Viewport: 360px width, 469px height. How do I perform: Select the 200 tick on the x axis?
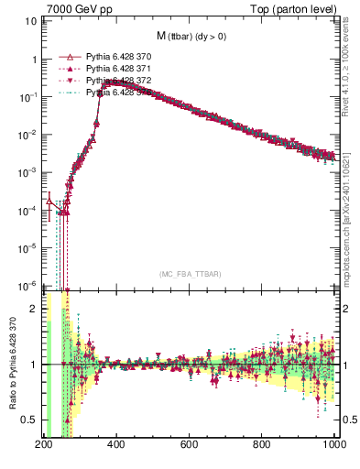43,445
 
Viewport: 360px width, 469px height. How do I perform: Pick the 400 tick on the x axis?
116,445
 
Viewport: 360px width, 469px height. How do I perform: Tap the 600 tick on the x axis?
190,445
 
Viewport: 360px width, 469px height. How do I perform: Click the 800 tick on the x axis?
263,445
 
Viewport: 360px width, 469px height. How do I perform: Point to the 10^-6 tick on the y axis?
26,285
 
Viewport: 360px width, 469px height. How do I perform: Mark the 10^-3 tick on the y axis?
26,172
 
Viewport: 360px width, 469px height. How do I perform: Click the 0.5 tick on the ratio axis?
29,420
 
